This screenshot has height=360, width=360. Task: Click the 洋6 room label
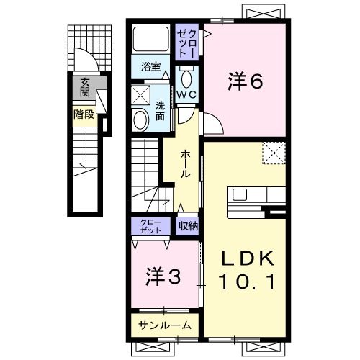[246, 82]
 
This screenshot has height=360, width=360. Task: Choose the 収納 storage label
[188, 226]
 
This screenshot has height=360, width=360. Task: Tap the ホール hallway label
[186, 163]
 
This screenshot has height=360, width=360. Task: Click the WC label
[187, 93]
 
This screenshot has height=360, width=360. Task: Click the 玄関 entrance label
[85, 86]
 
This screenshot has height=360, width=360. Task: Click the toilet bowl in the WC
[187, 76]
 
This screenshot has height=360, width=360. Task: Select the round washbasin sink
[139, 120]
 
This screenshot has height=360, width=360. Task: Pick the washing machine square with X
[140, 94]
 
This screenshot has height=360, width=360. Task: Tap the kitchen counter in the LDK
[256, 196]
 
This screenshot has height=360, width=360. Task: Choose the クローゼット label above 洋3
[151, 226]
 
